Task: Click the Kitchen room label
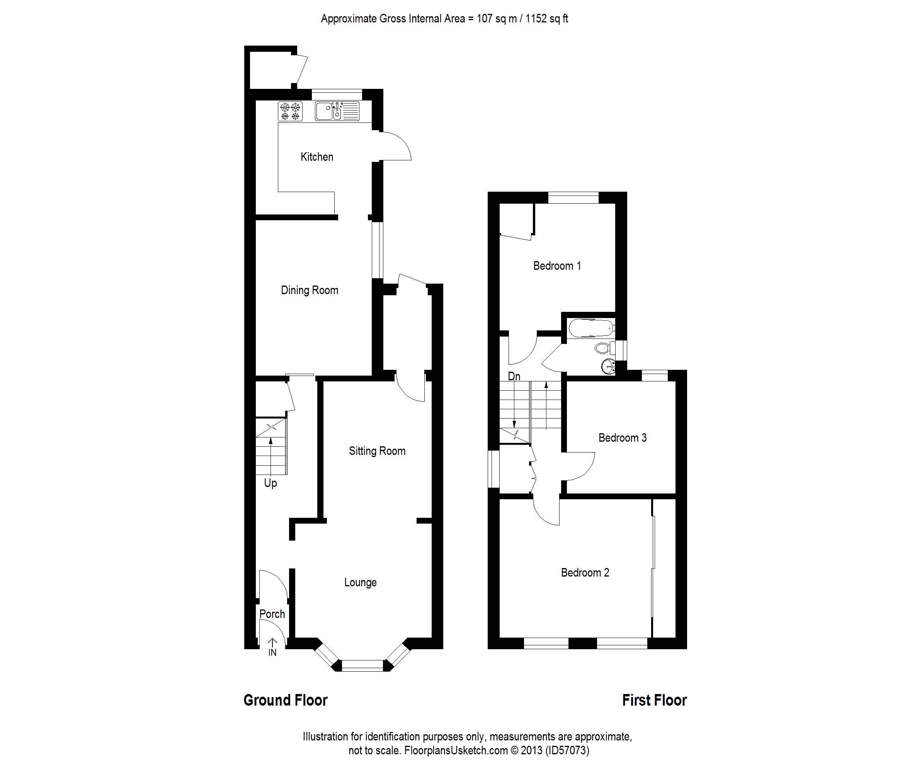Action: (x=316, y=157)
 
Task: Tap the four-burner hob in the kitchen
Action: (x=290, y=111)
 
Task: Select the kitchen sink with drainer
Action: (x=337, y=111)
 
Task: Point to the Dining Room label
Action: (x=310, y=290)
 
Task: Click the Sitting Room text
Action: (x=377, y=451)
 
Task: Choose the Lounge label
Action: (x=360, y=582)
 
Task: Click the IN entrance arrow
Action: (x=272, y=647)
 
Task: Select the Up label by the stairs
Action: (x=270, y=483)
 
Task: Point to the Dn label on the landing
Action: (x=514, y=376)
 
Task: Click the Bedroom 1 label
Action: (x=557, y=266)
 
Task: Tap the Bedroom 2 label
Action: (x=585, y=573)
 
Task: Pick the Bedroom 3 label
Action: (x=622, y=438)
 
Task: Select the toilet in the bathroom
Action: (x=603, y=348)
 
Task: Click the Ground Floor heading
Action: (x=285, y=701)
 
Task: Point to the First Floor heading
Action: (x=654, y=701)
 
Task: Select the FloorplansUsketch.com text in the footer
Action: (x=456, y=750)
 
